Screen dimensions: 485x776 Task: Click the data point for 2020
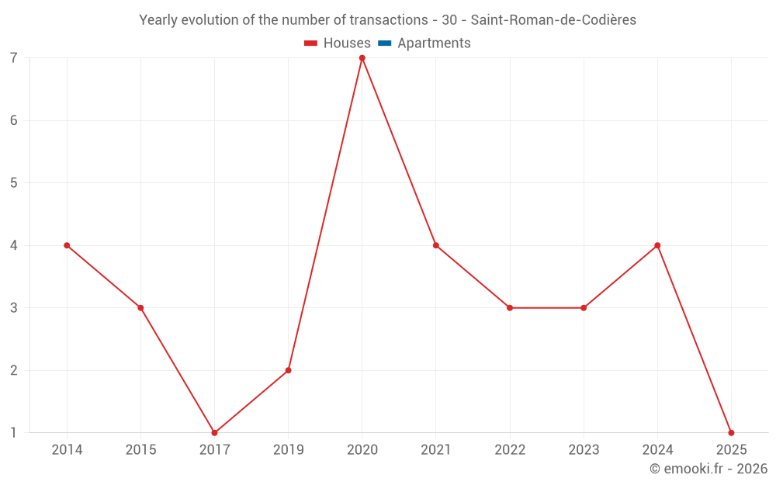[x=362, y=58]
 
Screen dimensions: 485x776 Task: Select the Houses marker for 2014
[x=67, y=245]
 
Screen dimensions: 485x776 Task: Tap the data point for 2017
[x=214, y=433]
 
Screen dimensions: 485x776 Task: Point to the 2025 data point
[x=731, y=433]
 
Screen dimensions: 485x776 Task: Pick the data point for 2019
[x=288, y=370]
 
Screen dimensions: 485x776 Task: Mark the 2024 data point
[x=657, y=245]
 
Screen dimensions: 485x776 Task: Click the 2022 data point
[x=510, y=308]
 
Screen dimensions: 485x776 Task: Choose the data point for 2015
[x=140, y=308]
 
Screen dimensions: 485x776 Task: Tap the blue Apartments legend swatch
[x=385, y=43]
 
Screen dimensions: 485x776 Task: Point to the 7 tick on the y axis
[x=14, y=58]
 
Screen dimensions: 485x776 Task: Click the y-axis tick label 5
[x=14, y=183]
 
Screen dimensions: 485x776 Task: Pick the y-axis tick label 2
[x=14, y=370]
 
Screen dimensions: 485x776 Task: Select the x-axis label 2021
[x=436, y=450]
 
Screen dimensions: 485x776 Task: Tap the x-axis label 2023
[x=584, y=450]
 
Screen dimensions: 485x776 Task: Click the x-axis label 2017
[x=214, y=450]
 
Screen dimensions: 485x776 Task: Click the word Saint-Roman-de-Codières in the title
[x=553, y=20]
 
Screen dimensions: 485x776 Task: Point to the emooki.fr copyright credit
[x=708, y=469]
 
